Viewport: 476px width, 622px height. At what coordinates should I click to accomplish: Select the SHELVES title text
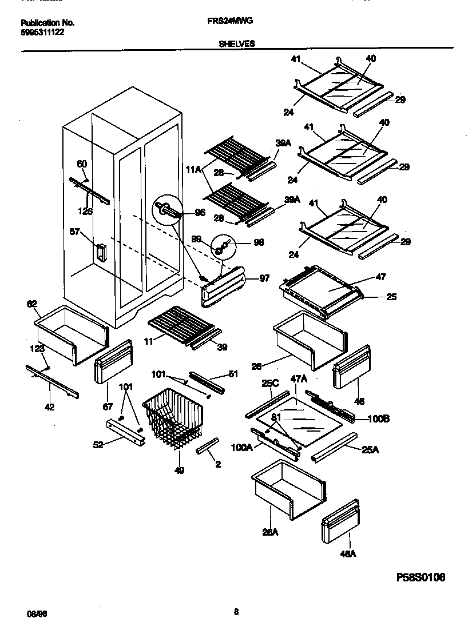point(237,43)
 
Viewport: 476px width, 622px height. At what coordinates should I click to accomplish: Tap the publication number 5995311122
point(42,32)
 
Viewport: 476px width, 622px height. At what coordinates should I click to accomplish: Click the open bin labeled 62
point(72,334)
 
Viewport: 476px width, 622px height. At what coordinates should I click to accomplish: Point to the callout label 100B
point(378,419)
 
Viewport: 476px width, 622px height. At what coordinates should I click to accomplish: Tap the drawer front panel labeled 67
point(113,363)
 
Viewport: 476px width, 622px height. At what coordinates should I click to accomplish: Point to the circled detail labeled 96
point(166,212)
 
